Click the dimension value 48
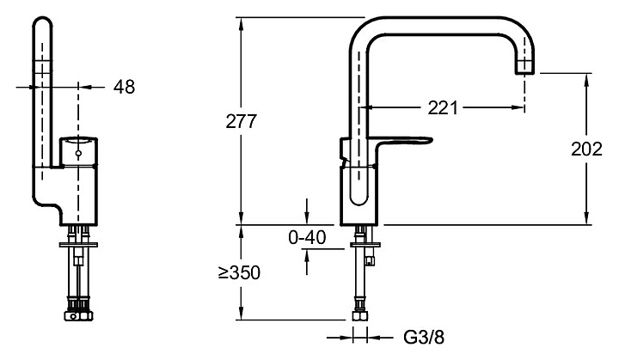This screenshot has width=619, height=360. point(125,87)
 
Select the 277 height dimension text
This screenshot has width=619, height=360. point(242,121)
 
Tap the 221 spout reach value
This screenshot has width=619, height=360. point(443,107)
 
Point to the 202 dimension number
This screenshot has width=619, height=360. point(586,149)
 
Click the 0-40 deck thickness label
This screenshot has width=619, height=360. point(307,237)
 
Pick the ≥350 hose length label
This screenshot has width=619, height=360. point(239,272)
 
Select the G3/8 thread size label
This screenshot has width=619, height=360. point(424,337)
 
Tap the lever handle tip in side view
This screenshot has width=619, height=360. point(431,140)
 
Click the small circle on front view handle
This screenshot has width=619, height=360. point(78,153)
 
